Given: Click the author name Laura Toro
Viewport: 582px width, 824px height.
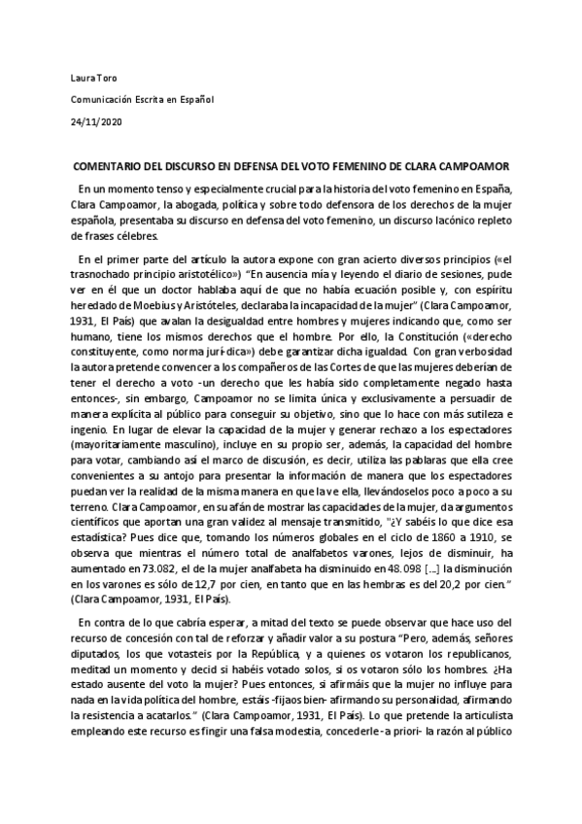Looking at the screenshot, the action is click(x=94, y=76).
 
